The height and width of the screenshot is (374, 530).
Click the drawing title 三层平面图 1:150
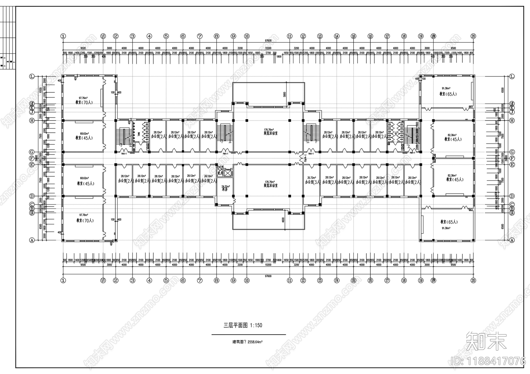[242, 325]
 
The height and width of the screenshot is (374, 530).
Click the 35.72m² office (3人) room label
[312, 180]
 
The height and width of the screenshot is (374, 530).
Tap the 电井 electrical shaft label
[219, 173]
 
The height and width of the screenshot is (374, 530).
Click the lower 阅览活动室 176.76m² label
[271, 184]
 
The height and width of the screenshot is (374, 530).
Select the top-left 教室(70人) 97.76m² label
[84, 100]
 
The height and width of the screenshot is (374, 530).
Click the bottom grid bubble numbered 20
[473, 280]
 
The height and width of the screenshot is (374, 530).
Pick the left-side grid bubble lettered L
[32, 76]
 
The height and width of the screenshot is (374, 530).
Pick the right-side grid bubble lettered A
[512, 240]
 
